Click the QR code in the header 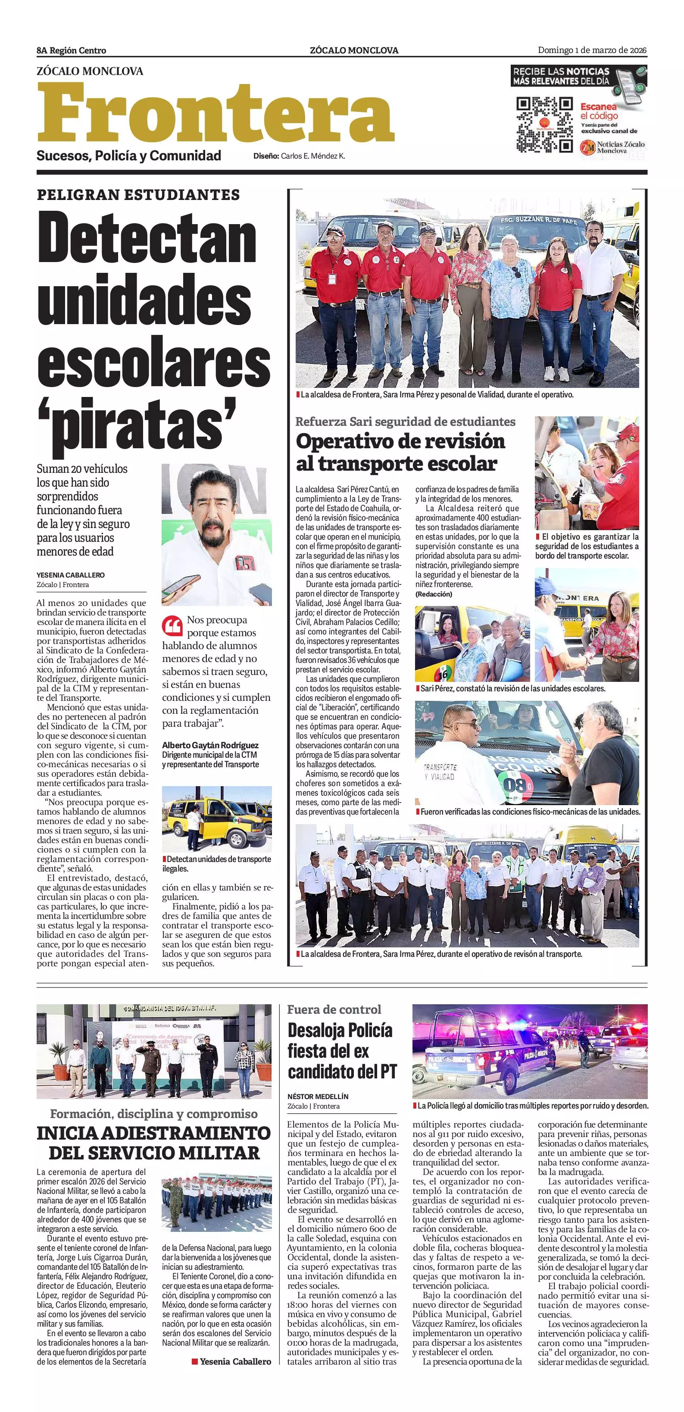click(x=544, y=125)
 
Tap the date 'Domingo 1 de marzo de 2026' click(x=592, y=50)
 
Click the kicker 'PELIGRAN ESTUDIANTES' click(x=138, y=194)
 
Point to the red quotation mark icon click(x=172, y=625)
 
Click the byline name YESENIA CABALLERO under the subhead click(x=71, y=575)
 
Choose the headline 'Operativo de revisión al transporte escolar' click(x=400, y=452)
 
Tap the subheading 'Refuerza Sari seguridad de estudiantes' click(x=405, y=422)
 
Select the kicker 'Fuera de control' click(x=334, y=1009)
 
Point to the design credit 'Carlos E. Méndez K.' click(x=313, y=156)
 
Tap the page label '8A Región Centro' click(x=71, y=50)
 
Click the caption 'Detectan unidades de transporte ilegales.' click(x=216, y=863)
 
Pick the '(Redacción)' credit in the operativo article click(x=434, y=594)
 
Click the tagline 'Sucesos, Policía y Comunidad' click(x=129, y=156)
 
